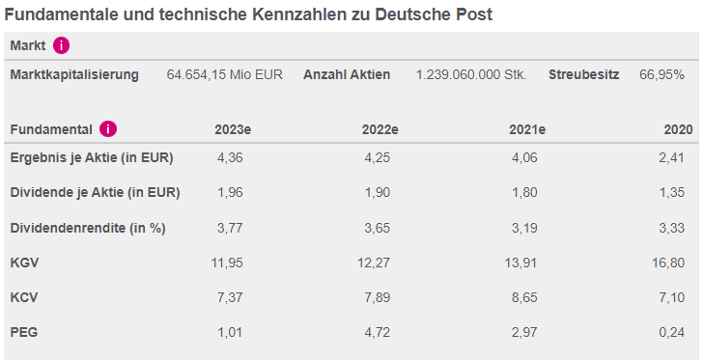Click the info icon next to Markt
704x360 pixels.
click(x=62, y=45)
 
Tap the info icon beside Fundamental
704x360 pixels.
click(x=108, y=129)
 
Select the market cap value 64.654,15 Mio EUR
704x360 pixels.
click(x=224, y=75)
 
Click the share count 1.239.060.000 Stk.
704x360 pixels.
click(x=471, y=75)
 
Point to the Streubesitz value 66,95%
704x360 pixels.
click(x=662, y=75)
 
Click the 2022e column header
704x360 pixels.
click(x=380, y=130)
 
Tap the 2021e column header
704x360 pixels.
click(x=526, y=130)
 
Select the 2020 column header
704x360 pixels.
click(x=679, y=130)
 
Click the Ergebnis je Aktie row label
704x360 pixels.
click(x=77, y=157)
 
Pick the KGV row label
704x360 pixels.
click(x=24, y=263)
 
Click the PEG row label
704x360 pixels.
click(x=24, y=333)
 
